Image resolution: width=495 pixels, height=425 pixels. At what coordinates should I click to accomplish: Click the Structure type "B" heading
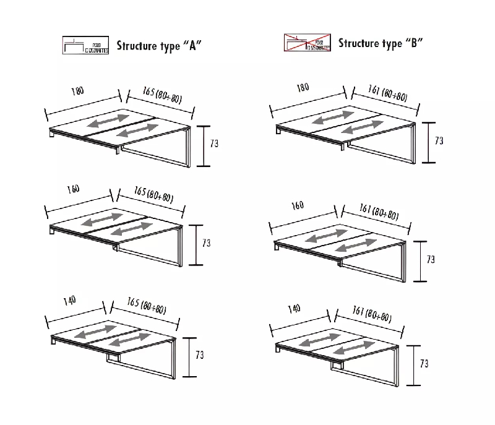pyautogui.click(x=381, y=43)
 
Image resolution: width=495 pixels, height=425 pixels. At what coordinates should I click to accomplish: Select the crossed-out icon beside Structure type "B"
pyautogui.click(x=307, y=43)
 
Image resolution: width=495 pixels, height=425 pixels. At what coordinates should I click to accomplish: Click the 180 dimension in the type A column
pyautogui.click(x=77, y=92)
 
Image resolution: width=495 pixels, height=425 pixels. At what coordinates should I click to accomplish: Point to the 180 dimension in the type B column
pyautogui.click(x=303, y=87)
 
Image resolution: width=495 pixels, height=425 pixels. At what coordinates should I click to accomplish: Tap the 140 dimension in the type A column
pyautogui.click(x=69, y=301)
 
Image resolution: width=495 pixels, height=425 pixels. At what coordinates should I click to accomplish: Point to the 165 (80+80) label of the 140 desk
pyautogui.click(x=146, y=306)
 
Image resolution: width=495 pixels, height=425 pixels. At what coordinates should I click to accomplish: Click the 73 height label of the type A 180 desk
pyautogui.click(x=214, y=144)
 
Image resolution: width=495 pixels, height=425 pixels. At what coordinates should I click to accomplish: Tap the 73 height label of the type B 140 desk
pyautogui.click(x=424, y=364)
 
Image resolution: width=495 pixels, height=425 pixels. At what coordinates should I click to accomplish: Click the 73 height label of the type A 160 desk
pyautogui.click(x=207, y=243)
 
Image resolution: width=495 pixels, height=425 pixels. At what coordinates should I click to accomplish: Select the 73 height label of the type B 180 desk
pyautogui.click(x=439, y=141)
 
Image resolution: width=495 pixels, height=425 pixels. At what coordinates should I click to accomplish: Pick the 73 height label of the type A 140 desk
pyautogui.click(x=199, y=355)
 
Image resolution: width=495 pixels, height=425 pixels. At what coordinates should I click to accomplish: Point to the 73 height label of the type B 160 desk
pyautogui.click(x=431, y=259)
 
